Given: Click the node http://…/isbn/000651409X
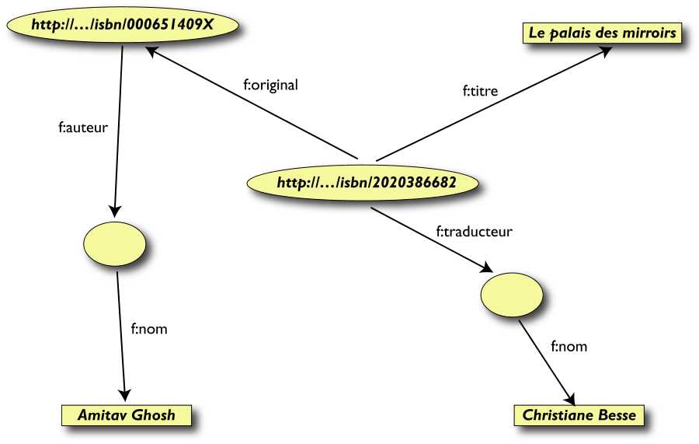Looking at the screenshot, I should (x=123, y=24).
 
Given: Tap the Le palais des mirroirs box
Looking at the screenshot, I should (x=602, y=33).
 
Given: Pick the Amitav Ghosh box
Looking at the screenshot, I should (x=127, y=415).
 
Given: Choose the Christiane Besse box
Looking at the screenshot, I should (x=579, y=415).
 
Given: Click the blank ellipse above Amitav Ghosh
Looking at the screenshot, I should (x=114, y=243).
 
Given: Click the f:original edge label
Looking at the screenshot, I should (x=271, y=86).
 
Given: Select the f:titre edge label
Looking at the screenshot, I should (x=480, y=92).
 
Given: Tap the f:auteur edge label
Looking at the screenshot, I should (x=83, y=126).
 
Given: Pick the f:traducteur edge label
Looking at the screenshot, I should (x=474, y=231).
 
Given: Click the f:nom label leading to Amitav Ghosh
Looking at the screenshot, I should (x=148, y=329).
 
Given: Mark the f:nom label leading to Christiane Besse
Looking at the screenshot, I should (x=569, y=346).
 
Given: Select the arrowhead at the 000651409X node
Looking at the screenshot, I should (x=153, y=52).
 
